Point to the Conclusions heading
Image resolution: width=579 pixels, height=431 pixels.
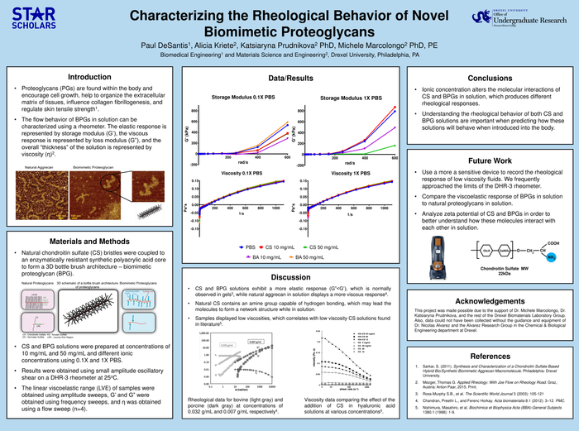pos(490,78)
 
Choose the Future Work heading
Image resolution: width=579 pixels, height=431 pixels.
pos(490,160)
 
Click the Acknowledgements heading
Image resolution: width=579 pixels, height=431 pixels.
pos(490,301)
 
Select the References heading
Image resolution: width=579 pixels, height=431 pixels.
pos(490,356)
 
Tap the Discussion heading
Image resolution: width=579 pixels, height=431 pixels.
pos(290,277)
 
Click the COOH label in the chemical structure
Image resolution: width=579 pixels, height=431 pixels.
pos(552,234)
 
